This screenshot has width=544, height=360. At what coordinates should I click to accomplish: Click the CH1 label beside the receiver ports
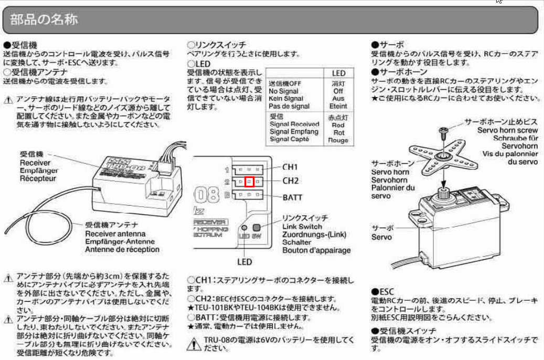290,167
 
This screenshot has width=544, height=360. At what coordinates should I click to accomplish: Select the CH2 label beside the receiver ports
290,181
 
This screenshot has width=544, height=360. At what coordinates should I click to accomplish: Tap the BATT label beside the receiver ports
292,197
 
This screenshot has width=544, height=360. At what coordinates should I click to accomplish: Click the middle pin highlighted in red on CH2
250,182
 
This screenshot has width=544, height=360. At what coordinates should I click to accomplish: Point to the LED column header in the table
338,73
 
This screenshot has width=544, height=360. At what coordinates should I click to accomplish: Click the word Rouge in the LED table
338,140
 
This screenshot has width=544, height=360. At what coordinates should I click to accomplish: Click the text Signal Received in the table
294,124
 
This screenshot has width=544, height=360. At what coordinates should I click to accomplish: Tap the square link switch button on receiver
257,227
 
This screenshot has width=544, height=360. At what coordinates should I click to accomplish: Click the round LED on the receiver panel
244,228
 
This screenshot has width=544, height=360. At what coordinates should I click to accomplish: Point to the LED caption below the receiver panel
244,261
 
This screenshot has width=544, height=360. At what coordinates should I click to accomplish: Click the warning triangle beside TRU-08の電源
194,344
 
